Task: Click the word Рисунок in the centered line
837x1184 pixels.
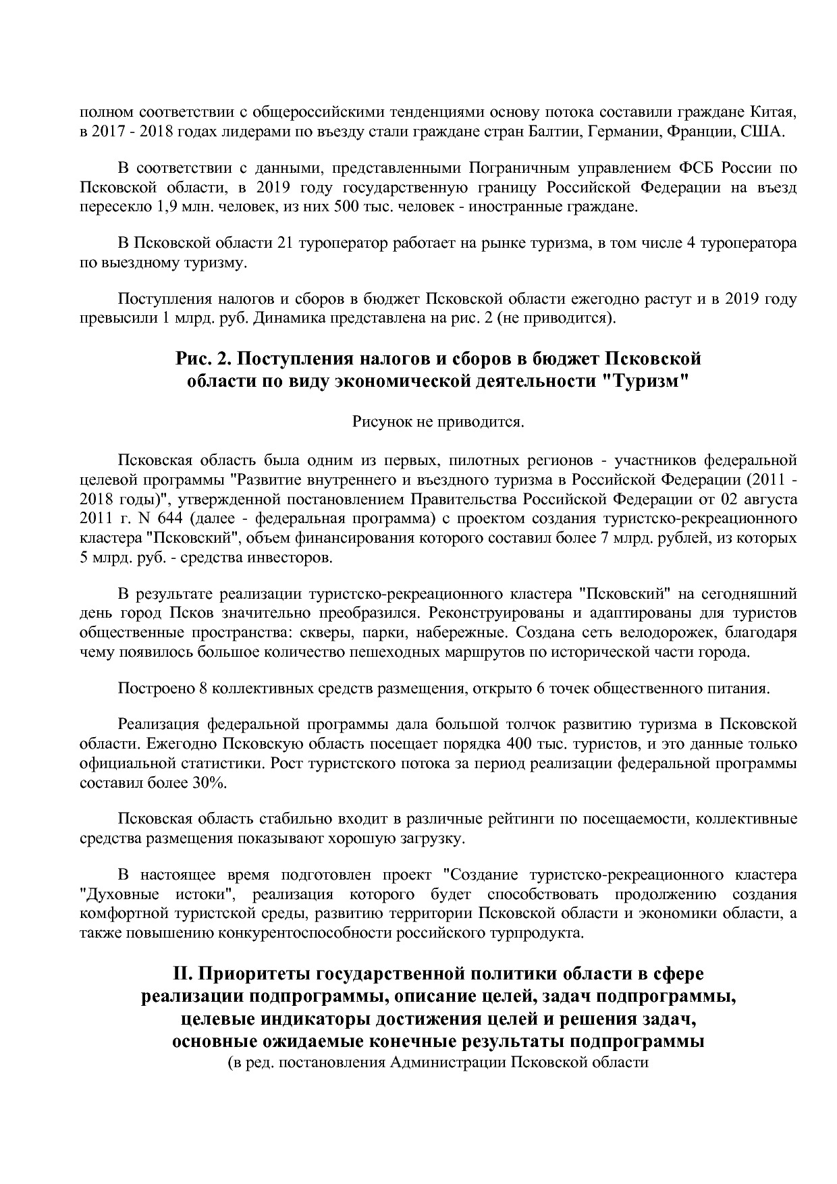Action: click(381, 423)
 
